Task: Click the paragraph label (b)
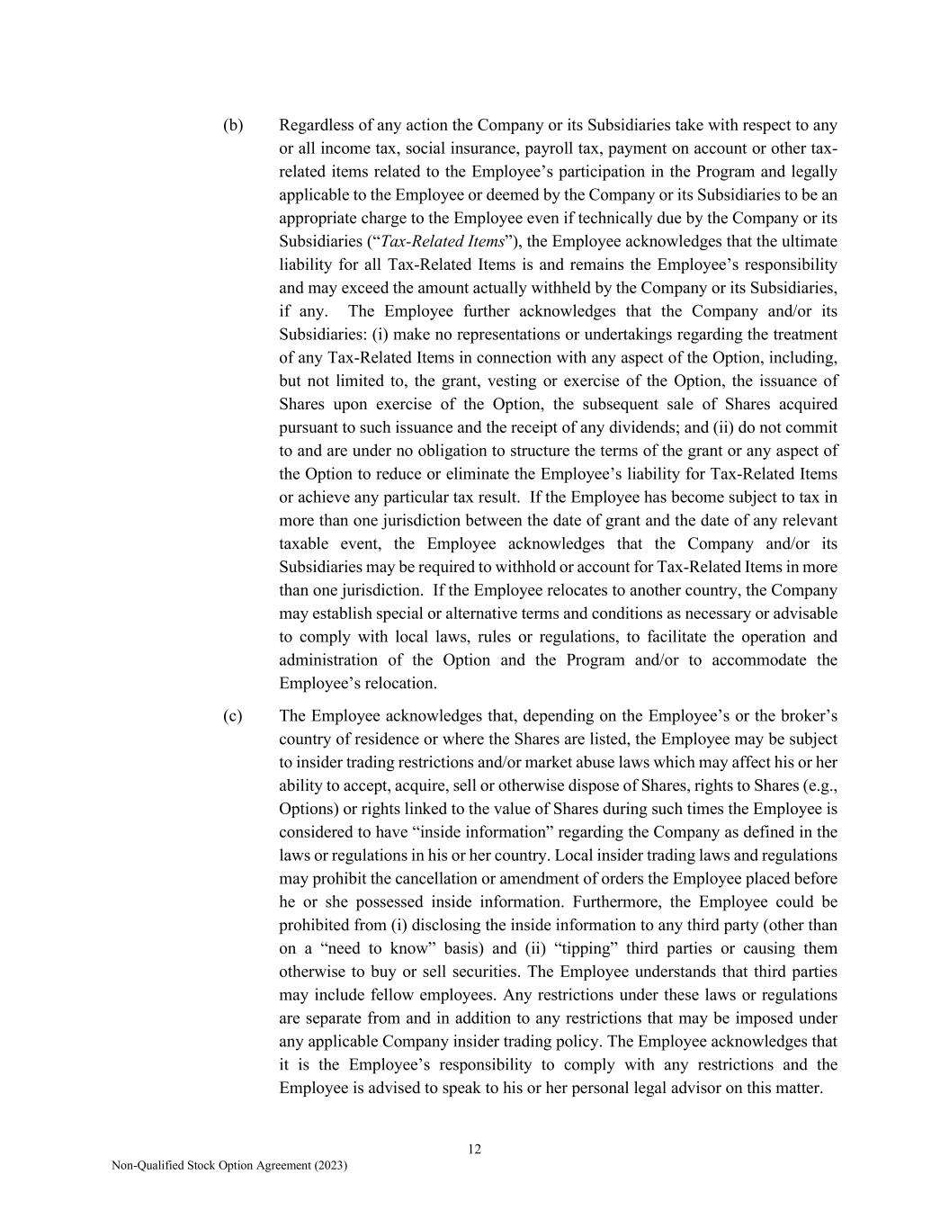tap(233, 125)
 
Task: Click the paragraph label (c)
tap(233, 716)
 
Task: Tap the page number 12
tap(474, 1149)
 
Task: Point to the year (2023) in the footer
tap(330, 1166)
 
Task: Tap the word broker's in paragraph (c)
tap(805, 716)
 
